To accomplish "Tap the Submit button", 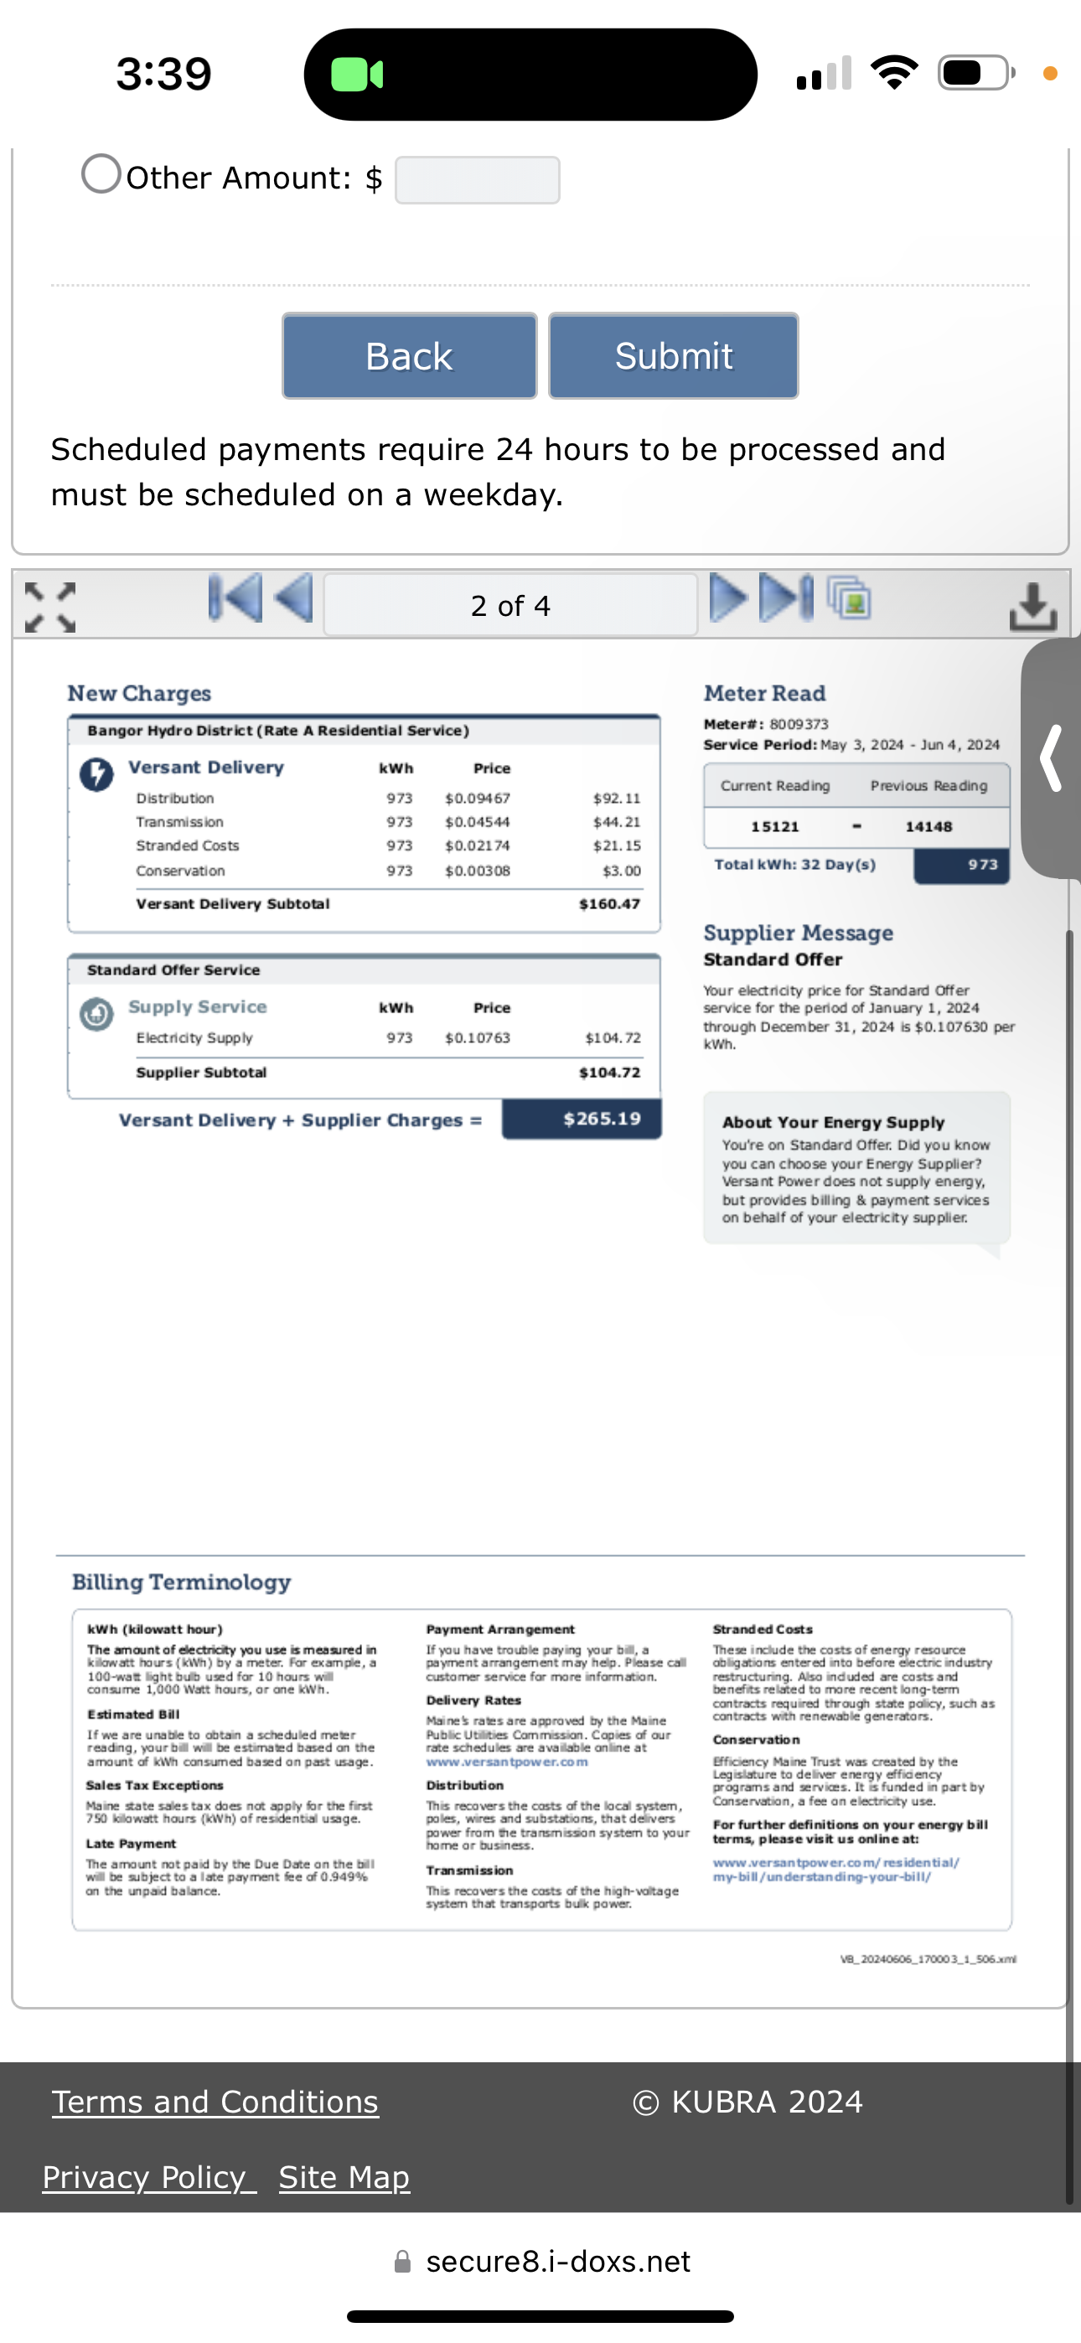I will [x=674, y=355].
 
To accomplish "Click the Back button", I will [x=409, y=355].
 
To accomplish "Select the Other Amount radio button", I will [x=101, y=173].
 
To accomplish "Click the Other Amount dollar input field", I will [x=477, y=180].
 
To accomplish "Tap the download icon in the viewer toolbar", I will [x=1032, y=606].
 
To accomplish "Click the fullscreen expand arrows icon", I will [x=50, y=607].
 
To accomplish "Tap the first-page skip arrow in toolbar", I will [x=235, y=598].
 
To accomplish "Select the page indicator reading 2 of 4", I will [x=510, y=605].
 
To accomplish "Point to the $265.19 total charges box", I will [x=582, y=1119].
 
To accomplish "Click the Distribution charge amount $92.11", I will [x=616, y=799].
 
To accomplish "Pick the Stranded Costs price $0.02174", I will [x=477, y=846].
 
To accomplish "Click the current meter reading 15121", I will [x=774, y=827].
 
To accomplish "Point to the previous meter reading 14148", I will [x=928, y=827].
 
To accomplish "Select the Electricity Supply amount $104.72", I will [x=613, y=1037].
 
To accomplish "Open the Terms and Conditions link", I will [x=215, y=2102].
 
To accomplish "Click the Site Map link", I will [x=344, y=2177].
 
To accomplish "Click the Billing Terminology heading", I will [x=181, y=1583].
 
